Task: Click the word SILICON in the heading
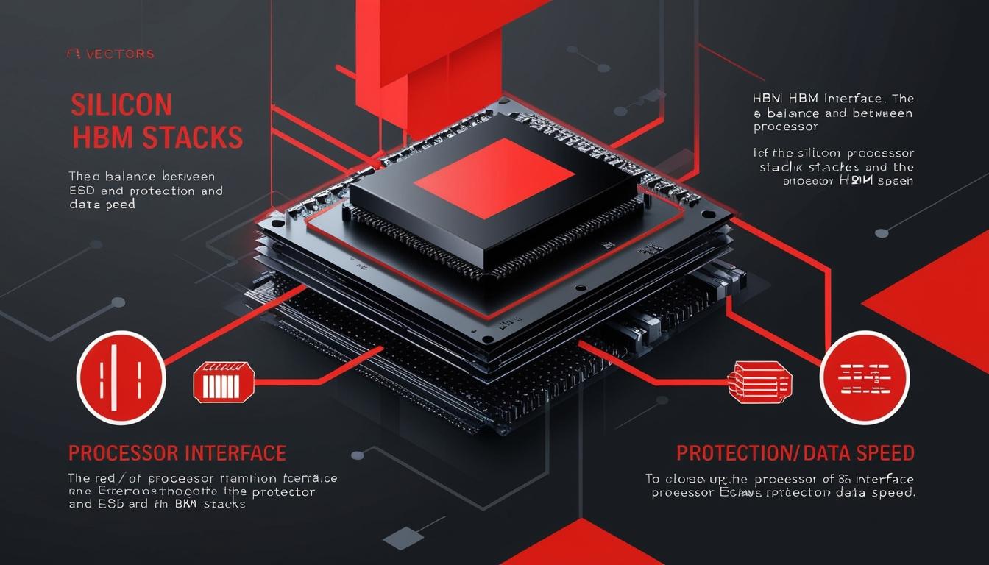121,105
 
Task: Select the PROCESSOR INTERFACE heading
177,452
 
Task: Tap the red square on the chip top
493,177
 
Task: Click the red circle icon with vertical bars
121,375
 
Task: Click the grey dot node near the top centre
603,68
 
